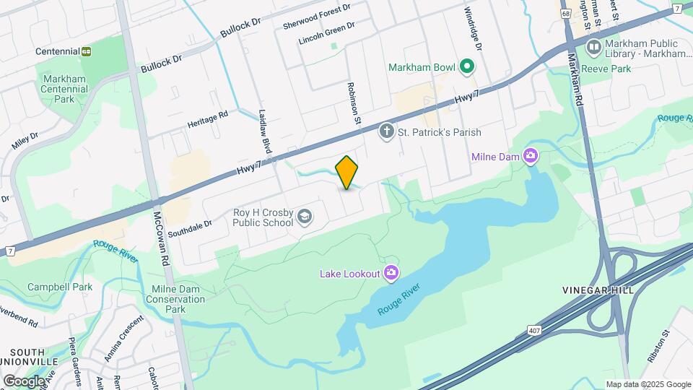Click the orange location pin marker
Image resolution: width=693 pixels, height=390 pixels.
click(x=347, y=173)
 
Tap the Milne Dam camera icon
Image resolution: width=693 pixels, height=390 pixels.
click(x=531, y=156)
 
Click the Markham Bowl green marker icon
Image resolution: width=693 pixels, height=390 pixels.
click(x=467, y=67)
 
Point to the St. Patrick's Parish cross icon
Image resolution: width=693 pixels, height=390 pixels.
click(x=387, y=131)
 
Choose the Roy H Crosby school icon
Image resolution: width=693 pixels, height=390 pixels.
click(x=305, y=217)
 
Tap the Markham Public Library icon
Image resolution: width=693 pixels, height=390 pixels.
click(x=594, y=48)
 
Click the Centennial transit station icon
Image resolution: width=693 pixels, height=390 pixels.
click(x=87, y=51)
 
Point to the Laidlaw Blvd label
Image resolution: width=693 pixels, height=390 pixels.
click(x=265, y=130)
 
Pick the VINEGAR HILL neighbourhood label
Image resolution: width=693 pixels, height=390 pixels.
click(x=598, y=290)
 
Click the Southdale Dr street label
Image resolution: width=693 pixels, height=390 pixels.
click(x=190, y=229)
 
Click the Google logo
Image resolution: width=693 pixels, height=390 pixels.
click(x=25, y=381)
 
